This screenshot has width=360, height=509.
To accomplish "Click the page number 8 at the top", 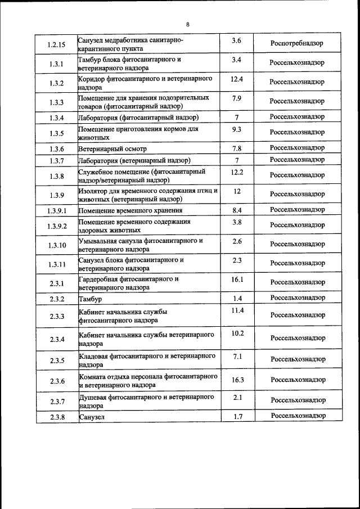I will click(187, 24).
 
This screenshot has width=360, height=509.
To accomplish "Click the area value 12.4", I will click(236, 79).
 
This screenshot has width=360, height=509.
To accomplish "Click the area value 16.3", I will click(237, 380).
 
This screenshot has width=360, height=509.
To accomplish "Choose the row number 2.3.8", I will click(57, 417).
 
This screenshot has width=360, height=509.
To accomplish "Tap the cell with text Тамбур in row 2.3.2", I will click(91, 299).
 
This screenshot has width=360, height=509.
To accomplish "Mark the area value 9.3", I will click(236, 129).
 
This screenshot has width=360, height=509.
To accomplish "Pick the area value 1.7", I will click(237, 416).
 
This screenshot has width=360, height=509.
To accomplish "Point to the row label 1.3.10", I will click(57, 245).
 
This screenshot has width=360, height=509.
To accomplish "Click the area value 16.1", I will click(237, 279).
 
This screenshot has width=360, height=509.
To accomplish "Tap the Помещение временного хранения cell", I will click(130, 210).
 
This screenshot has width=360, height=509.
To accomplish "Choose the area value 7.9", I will click(236, 98).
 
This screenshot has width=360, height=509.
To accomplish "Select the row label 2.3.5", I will click(57, 361).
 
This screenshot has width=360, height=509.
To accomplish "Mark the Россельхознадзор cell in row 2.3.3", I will click(298, 316).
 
